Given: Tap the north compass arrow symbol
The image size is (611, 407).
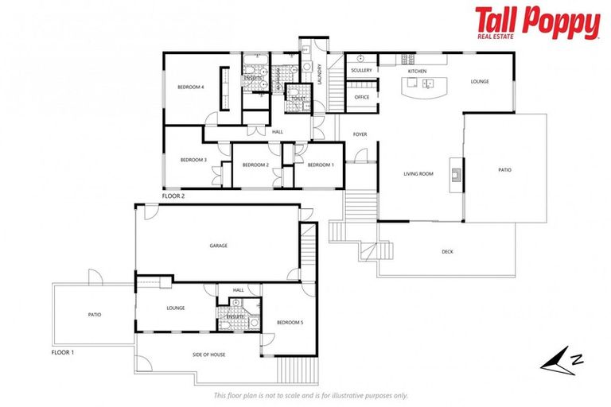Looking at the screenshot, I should coord(562,359).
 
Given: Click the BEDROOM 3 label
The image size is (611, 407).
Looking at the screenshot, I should coord(193,160).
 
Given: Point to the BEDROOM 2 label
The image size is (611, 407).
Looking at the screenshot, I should coord(255,165).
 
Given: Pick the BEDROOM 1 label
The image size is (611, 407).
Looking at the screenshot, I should coord(320,165).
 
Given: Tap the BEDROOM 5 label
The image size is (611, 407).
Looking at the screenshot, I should coord(289,322).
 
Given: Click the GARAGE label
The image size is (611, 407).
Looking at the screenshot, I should coord(219,246).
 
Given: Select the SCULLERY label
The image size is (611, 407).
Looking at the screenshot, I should coord(361,71).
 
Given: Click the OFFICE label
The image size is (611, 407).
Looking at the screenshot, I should coord(362,98).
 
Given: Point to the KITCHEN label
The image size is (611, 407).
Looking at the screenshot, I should coord(418,72).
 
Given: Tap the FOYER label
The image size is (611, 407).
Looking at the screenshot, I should coord(360,134).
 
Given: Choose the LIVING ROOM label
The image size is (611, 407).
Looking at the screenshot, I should coord(418,173).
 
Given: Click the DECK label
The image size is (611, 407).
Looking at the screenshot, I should coord(447,252).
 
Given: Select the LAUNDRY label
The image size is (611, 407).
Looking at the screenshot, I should coord(319,74).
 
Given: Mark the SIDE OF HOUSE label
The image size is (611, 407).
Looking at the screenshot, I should coord(208,354).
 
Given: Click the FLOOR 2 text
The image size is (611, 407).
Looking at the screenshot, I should coord(173,195).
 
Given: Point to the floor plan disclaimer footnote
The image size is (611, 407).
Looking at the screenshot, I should coord(311,395).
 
